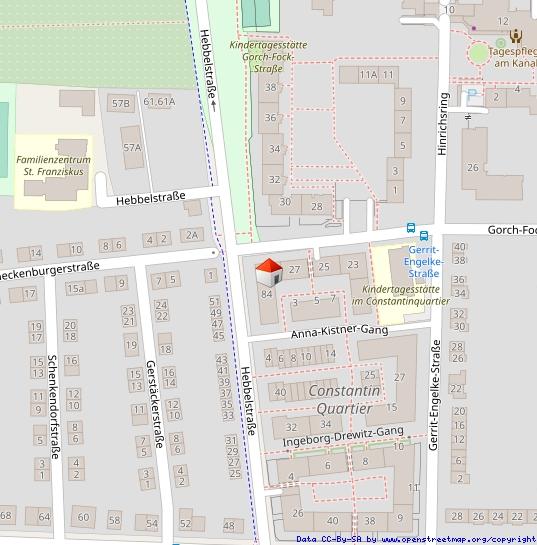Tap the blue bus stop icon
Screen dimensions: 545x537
[410, 227]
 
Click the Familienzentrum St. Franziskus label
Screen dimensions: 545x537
[54, 165]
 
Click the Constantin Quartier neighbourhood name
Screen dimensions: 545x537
[343, 399]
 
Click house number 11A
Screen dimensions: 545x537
[369, 75]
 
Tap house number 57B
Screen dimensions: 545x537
[121, 103]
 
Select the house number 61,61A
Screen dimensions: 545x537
[159, 101]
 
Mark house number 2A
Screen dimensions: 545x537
[192, 235]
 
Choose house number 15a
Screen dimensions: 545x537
[75, 288]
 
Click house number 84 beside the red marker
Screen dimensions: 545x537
[266, 294]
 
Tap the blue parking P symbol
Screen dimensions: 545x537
[471, 95]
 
